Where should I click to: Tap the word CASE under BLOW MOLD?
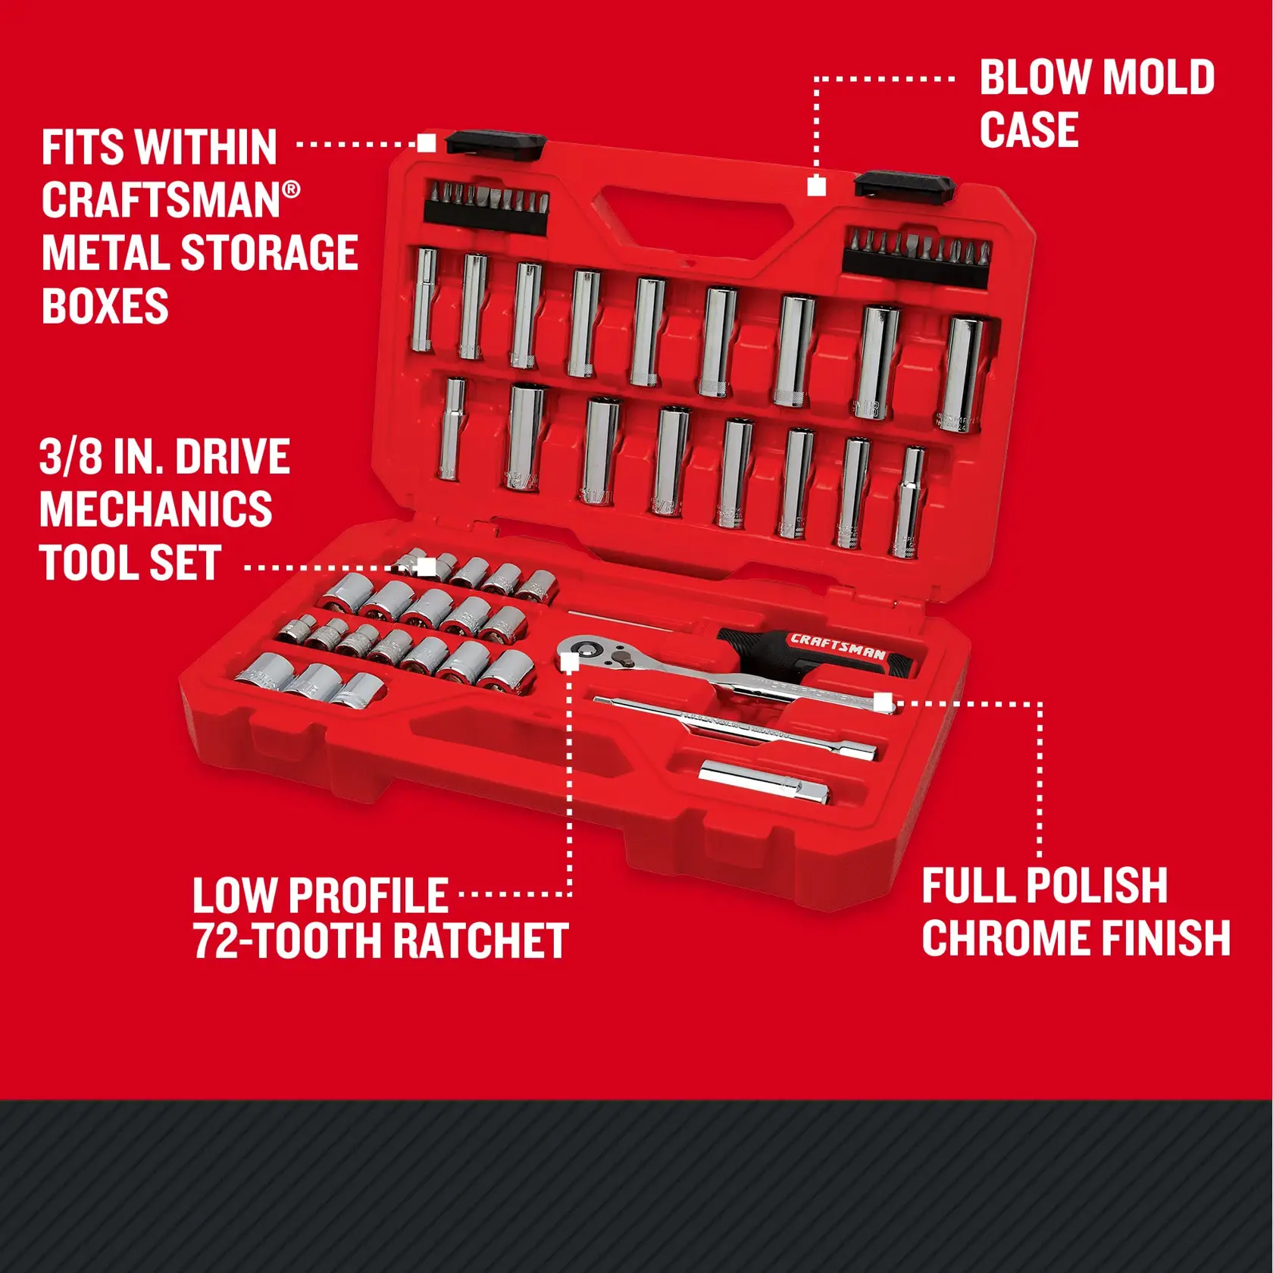(x=1028, y=130)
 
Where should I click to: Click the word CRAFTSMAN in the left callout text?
(x=161, y=201)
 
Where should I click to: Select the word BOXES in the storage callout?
(x=105, y=306)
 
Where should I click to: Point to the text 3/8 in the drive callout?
(x=70, y=457)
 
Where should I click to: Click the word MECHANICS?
(x=155, y=509)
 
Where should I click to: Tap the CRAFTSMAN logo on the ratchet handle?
(x=837, y=646)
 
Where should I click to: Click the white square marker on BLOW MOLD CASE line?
(x=816, y=186)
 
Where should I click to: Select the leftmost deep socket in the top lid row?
(x=425, y=300)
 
